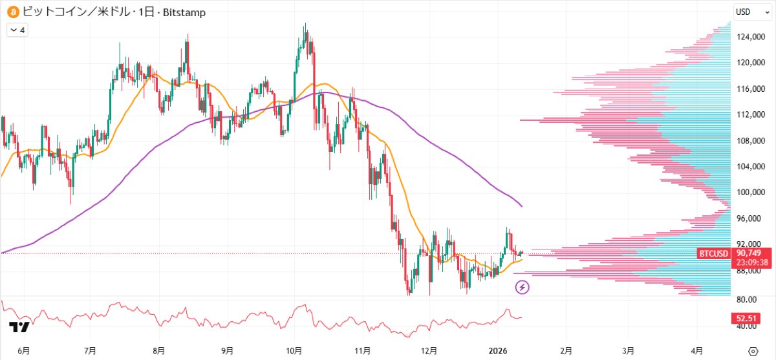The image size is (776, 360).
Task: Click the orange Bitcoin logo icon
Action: [12, 12]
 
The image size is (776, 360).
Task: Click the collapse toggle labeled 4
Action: [16, 29]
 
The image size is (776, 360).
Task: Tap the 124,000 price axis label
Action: [750, 37]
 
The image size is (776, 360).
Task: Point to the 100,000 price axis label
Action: [750, 193]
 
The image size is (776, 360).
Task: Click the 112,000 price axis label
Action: [750, 115]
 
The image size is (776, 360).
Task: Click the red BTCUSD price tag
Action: [714, 253]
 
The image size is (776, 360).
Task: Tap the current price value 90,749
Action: [750, 253]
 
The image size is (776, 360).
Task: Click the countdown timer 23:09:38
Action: [750, 262]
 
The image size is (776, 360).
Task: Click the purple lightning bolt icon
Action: [523, 287]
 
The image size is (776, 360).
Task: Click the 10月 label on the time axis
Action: [294, 350]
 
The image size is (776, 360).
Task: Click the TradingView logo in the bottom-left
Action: [19, 328]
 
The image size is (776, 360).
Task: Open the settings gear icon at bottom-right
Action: [753, 350]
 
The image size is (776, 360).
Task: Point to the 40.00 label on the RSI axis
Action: [747, 326]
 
